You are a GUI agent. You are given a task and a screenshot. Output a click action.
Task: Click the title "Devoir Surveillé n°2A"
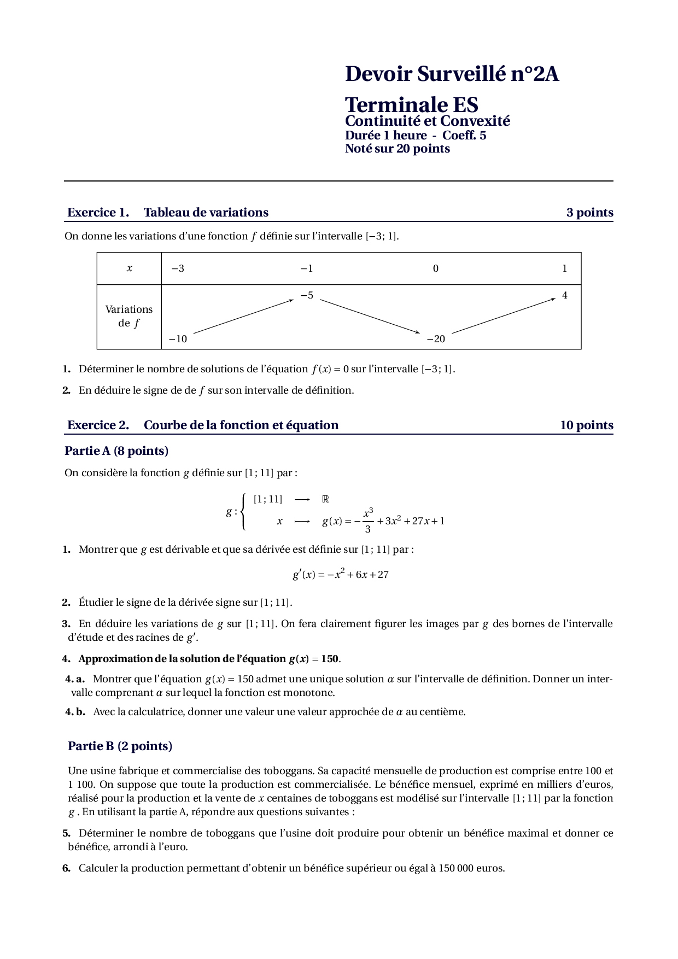(452, 74)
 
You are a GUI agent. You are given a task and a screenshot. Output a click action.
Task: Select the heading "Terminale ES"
(411, 104)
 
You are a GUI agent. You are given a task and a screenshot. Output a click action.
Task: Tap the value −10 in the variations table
(178, 339)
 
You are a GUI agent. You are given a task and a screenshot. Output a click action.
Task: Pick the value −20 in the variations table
(436, 339)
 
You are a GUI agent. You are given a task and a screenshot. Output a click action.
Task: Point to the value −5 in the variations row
(307, 295)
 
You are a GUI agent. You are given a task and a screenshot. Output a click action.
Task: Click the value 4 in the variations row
(565, 295)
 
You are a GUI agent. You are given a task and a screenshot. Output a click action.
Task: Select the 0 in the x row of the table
(436, 268)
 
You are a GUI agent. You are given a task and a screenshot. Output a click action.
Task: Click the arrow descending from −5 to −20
(370, 316)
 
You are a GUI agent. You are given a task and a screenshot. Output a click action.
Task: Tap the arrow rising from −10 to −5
(243, 316)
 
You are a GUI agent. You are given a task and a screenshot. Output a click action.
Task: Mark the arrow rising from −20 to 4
(504, 315)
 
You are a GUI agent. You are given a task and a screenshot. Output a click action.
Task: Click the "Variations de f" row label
(129, 316)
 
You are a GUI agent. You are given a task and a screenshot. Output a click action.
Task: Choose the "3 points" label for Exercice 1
(589, 213)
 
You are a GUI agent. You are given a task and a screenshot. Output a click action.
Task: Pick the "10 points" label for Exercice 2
(586, 425)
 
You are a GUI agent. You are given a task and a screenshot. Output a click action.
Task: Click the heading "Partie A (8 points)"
(116, 451)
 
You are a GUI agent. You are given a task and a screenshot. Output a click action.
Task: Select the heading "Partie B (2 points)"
(120, 746)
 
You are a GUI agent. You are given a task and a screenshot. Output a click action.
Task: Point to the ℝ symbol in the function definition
(325, 499)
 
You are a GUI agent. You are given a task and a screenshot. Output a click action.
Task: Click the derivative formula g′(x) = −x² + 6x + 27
(340, 575)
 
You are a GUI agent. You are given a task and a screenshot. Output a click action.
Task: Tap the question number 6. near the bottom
(67, 868)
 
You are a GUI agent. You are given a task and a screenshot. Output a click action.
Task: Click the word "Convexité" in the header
(475, 121)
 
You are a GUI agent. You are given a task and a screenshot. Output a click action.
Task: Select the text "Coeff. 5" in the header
(464, 136)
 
